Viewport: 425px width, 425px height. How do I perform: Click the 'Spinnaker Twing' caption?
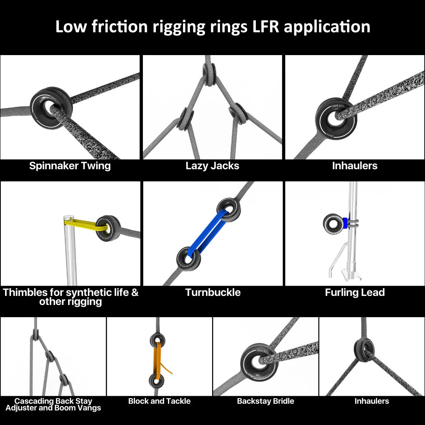(x=70, y=166)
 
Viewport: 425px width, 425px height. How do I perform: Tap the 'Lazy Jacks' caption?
(x=213, y=166)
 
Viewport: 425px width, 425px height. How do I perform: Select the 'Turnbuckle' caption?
(x=213, y=292)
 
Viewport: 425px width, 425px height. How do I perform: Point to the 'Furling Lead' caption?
(x=355, y=292)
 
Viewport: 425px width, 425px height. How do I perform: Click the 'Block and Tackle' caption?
(x=159, y=401)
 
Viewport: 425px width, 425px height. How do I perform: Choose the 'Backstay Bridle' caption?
(x=266, y=401)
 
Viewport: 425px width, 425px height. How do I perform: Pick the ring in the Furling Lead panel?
(x=333, y=223)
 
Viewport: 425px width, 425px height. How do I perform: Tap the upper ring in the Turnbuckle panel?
(x=228, y=209)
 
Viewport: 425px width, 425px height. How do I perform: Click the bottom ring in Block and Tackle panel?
(x=157, y=381)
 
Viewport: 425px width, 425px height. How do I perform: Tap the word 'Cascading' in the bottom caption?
(x=34, y=401)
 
